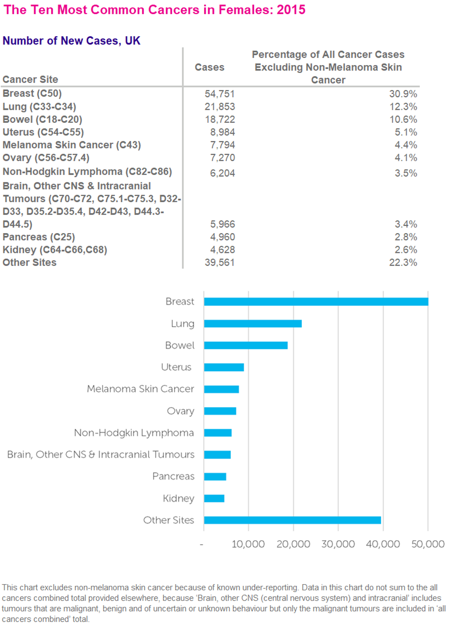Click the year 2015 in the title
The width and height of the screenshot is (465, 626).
pos(291,9)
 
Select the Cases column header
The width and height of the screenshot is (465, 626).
pos(209,67)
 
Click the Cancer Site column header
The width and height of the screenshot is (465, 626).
pos(30,79)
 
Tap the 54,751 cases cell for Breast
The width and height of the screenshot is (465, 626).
pos(220,94)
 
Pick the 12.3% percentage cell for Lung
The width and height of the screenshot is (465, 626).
pos(403,107)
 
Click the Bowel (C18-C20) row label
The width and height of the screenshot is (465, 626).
pos(42,119)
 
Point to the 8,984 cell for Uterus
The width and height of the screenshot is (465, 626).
pos(222,132)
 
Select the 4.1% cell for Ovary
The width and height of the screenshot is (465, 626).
pos(406,158)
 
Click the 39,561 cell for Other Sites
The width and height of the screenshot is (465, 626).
pos(220,262)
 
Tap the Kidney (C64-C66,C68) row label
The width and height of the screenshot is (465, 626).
pos(55,250)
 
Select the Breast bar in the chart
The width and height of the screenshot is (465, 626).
pos(316,302)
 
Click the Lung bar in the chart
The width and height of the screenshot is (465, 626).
pos(253,324)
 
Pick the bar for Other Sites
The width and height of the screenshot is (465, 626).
pos(292,520)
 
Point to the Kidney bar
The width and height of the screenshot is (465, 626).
pos(214,498)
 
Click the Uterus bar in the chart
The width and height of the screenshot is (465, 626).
pos(224,367)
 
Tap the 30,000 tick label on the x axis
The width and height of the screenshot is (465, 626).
pos(338,544)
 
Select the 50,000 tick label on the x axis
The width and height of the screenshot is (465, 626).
pos(428,544)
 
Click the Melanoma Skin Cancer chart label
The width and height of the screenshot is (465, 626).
pos(140,389)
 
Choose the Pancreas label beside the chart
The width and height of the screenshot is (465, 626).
pos(173,477)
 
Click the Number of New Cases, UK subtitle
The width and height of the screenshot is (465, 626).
pos(71,41)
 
